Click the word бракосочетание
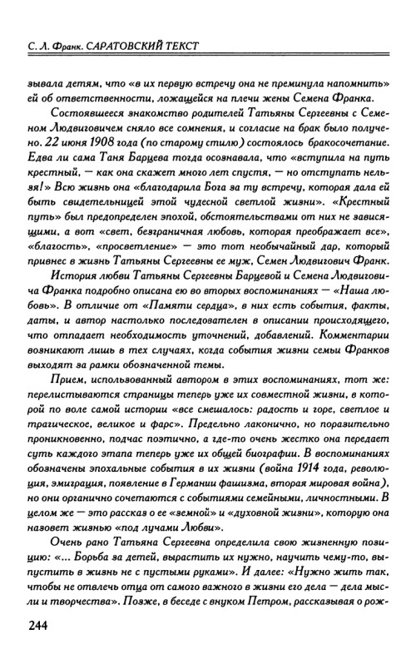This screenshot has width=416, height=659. (329, 140)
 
